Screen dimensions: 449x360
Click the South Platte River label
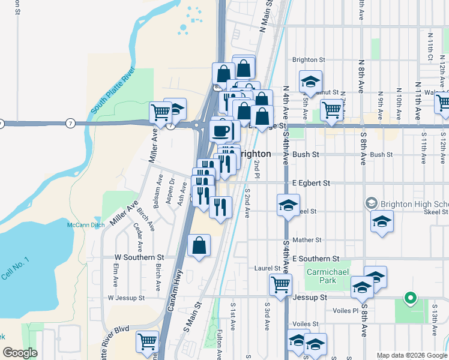[x=113, y=91]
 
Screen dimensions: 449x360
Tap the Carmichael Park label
[x=325, y=276]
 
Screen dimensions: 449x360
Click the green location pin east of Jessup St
[x=411, y=298]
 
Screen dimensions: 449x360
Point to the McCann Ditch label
[x=82, y=224]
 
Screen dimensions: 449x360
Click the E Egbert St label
[x=312, y=182]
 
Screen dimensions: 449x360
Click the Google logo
[x=20, y=353]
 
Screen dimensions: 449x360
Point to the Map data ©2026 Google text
[x=411, y=355]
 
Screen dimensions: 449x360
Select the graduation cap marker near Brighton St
[x=310, y=82]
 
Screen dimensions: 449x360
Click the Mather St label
[x=307, y=240]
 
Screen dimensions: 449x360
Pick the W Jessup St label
[x=126, y=298]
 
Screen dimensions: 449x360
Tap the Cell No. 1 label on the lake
[x=15, y=270]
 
